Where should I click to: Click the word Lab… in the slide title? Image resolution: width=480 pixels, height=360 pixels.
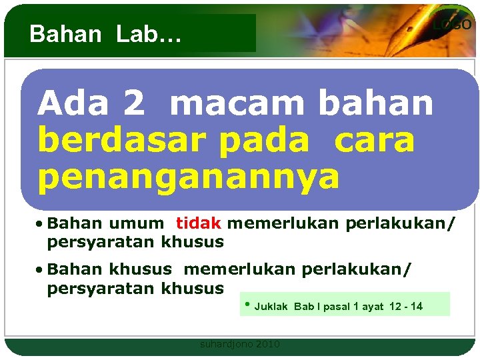(x=149, y=34)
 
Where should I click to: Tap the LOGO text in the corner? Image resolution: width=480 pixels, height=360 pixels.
(x=452, y=25)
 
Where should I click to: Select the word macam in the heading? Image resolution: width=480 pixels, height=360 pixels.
(x=239, y=104)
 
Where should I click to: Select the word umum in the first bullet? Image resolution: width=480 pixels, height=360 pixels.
(x=136, y=223)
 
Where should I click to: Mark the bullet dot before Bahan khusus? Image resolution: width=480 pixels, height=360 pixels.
(x=41, y=270)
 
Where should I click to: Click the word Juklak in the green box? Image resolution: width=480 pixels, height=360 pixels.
(x=271, y=307)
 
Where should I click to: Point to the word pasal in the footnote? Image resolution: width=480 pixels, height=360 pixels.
(x=337, y=307)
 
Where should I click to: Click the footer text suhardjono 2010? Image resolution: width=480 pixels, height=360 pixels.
(x=240, y=344)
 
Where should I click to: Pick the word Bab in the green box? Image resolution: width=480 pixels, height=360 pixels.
(x=303, y=307)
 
